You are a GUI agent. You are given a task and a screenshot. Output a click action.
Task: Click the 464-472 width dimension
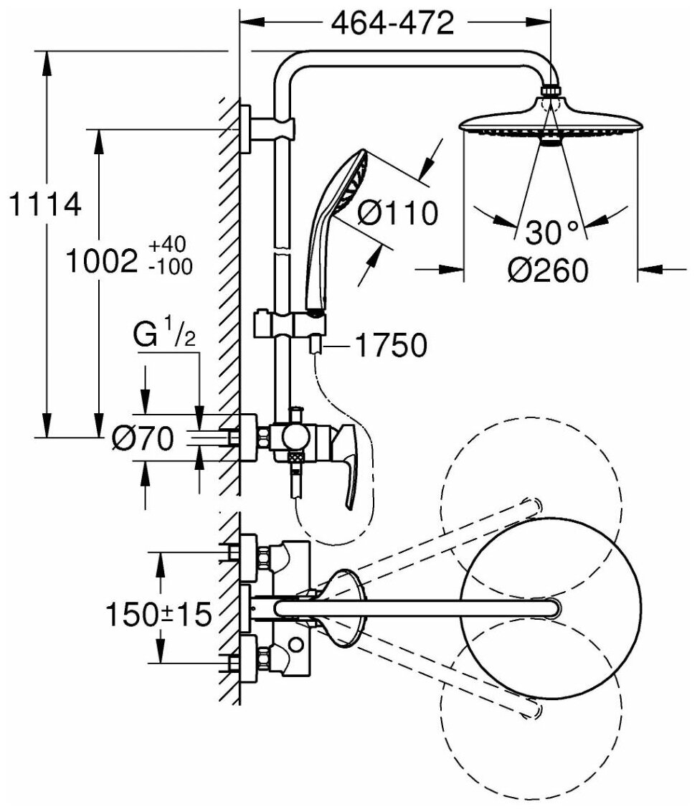(x=393, y=24)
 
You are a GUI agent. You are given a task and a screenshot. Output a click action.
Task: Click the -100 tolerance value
(x=170, y=268)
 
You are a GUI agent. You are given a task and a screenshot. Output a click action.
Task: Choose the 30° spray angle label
(x=551, y=232)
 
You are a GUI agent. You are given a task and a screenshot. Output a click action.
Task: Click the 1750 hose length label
(x=390, y=346)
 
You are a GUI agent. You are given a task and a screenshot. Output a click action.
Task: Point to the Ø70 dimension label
(x=143, y=438)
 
